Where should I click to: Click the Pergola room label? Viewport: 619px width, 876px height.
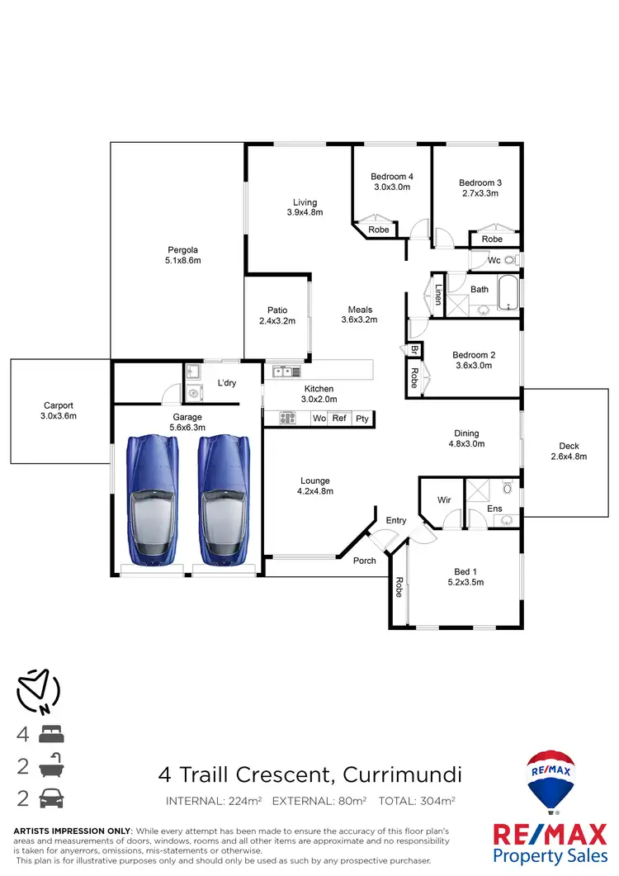pyautogui.click(x=183, y=249)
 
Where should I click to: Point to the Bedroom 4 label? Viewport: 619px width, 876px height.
pyautogui.click(x=392, y=177)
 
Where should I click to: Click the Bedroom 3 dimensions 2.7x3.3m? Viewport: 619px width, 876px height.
pyautogui.click(x=480, y=193)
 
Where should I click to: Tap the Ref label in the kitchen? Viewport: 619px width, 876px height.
pyautogui.click(x=339, y=419)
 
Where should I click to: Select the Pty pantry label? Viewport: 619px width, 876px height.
pyautogui.click(x=361, y=419)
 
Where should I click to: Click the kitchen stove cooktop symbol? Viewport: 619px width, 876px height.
pyautogui.click(x=287, y=419)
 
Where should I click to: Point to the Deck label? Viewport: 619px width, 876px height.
pyautogui.click(x=569, y=446)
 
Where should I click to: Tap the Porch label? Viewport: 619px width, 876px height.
pyautogui.click(x=365, y=561)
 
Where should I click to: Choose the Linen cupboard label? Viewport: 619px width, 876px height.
pyautogui.click(x=438, y=295)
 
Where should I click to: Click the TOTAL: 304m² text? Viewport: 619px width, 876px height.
pyautogui.click(x=417, y=800)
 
